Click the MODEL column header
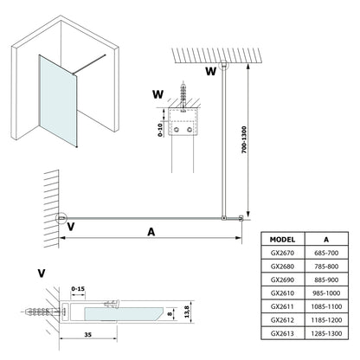tap(282, 240)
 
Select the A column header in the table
tap(326, 240)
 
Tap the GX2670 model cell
tap(282, 253)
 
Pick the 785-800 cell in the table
tap(326, 267)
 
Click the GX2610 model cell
tap(282, 293)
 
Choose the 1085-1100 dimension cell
tap(326, 306)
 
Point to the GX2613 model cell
tap(282, 333)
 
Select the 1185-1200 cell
tap(326, 320)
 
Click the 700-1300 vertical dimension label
tap(244, 139)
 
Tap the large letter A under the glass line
tap(151, 232)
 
